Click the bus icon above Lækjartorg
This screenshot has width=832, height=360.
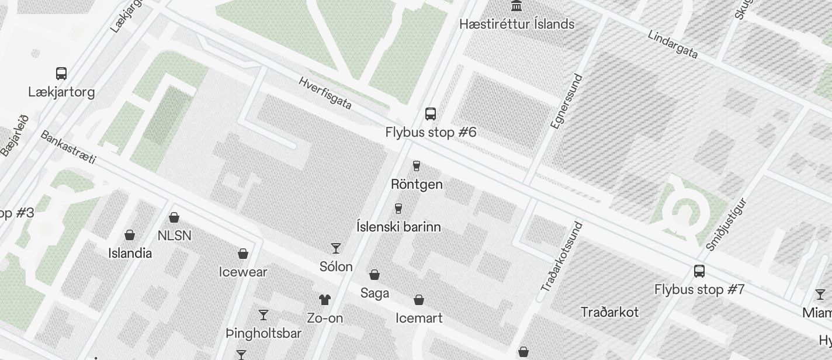point(61,74)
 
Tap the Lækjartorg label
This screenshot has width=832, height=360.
point(61,92)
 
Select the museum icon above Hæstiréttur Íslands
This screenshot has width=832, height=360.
point(516,6)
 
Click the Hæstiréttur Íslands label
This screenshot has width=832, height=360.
point(516,24)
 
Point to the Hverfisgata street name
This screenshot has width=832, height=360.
point(325,92)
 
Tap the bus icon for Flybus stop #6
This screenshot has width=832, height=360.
point(431,114)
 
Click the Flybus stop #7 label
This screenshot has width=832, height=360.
point(699,289)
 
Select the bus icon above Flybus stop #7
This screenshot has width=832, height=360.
point(699,271)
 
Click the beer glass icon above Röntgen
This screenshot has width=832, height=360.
point(417,166)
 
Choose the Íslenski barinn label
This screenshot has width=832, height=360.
point(398,227)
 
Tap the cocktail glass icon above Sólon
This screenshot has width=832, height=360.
point(336,248)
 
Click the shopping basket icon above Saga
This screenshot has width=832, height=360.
point(375,275)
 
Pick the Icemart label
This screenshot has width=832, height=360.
point(419,318)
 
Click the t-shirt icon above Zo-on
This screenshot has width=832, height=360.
point(325,300)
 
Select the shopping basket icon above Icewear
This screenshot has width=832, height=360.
point(243,254)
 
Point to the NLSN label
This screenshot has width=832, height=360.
point(174,236)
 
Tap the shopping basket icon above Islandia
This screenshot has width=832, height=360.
point(130,235)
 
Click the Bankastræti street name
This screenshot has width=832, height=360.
point(68,147)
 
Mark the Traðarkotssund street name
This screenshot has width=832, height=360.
point(561,257)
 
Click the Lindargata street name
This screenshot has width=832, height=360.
point(672,44)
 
